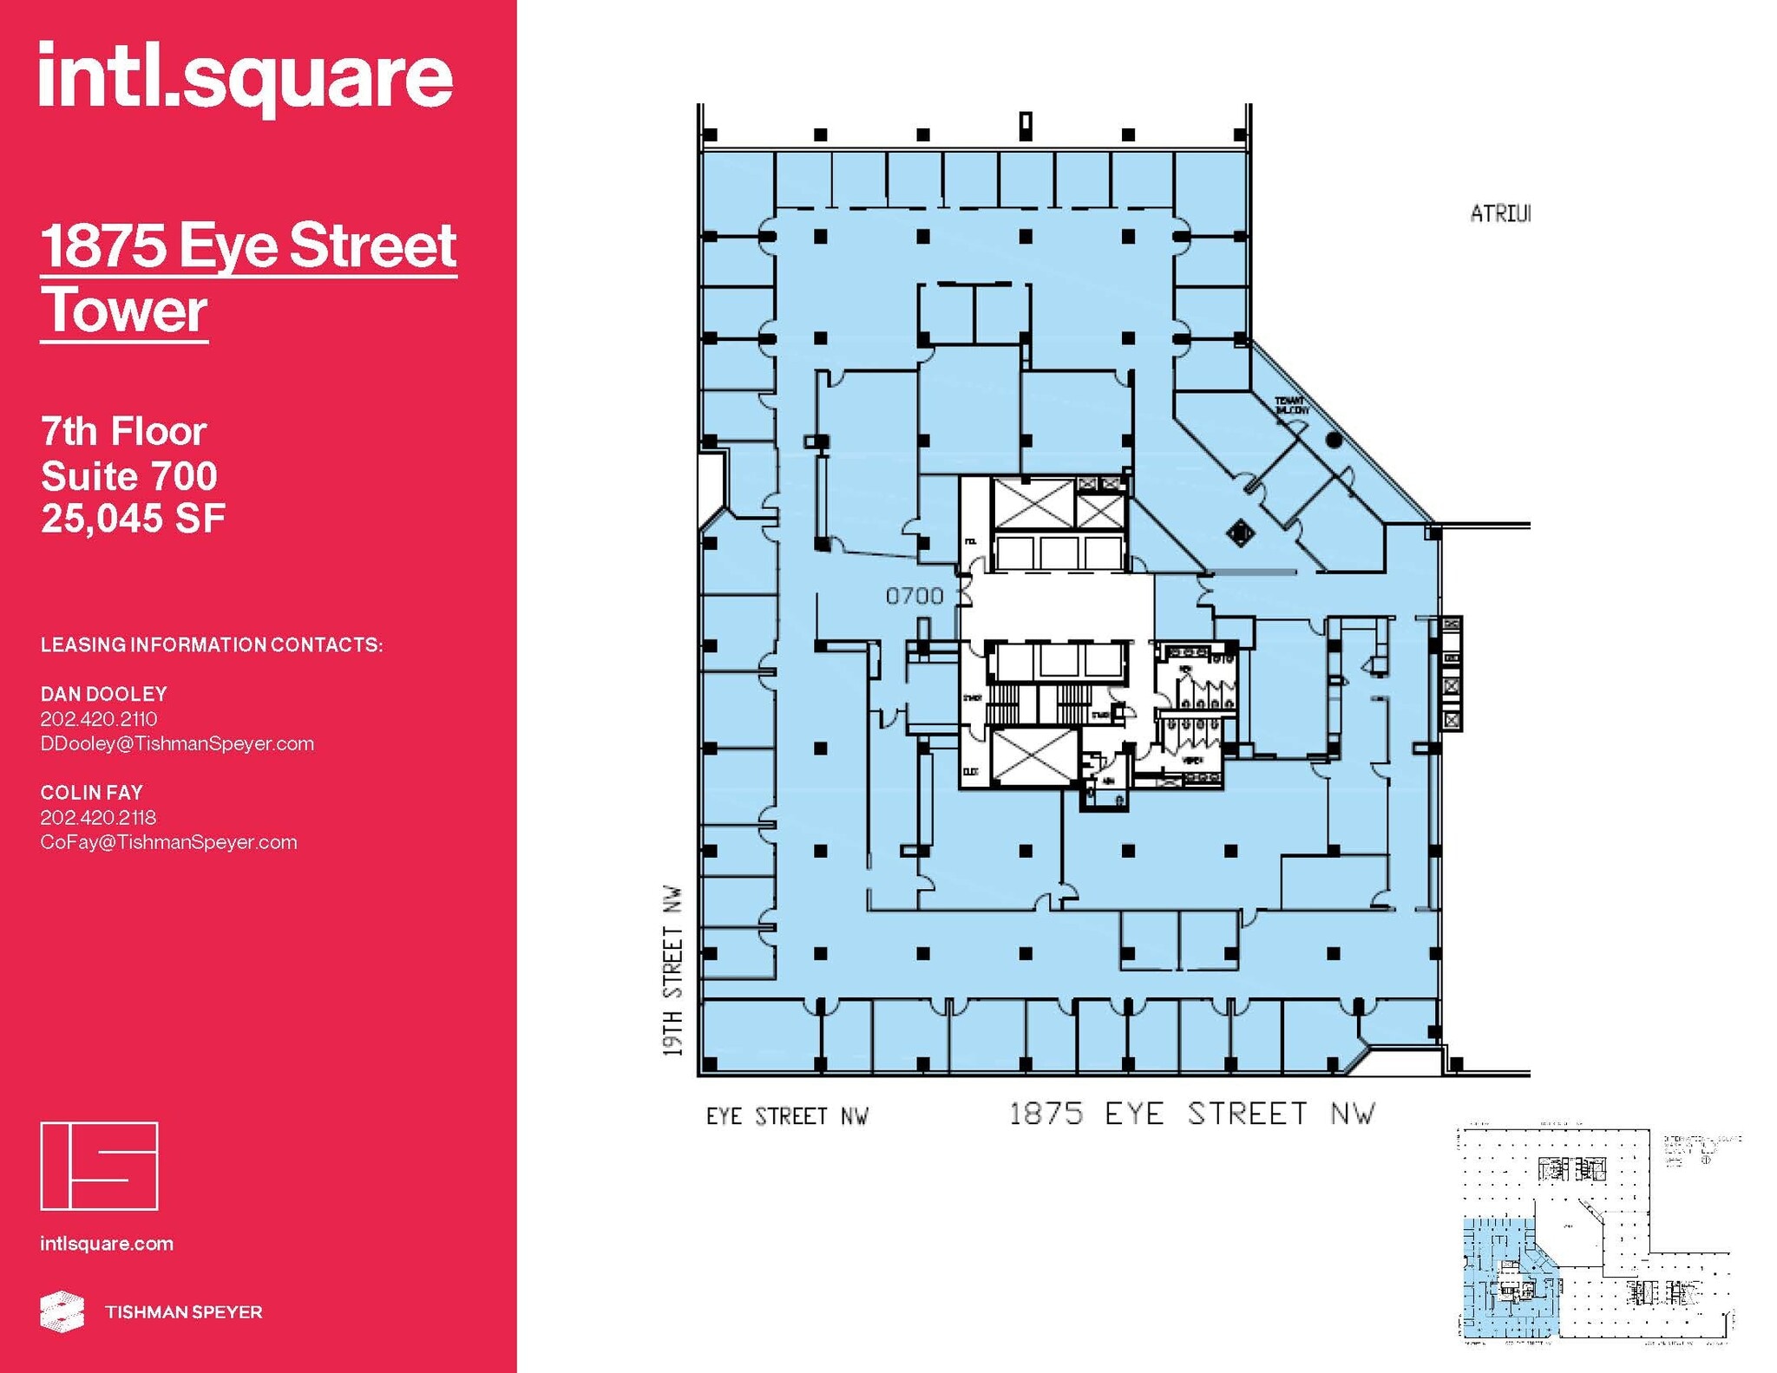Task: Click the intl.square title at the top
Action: click(246, 78)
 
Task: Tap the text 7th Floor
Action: click(123, 431)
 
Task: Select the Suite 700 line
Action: click(129, 475)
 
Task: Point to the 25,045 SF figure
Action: click(133, 519)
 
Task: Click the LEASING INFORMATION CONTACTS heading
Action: click(212, 644)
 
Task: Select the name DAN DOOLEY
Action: click(104, 694)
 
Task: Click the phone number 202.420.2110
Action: click(99, 719)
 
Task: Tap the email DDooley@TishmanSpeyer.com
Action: click(177, 743)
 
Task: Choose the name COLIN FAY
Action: click(92, 792)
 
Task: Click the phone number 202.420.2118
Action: click(98, 817)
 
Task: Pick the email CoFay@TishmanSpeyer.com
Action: click(168, 842)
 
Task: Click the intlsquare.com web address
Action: click(107, 1244)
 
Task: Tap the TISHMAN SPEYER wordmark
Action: click(183, 1312)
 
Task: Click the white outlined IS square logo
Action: click(99, 1166)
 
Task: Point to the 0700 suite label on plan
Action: click(915, 596)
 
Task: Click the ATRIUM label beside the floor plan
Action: click(1500, 213)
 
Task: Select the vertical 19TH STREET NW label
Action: click(673, 971)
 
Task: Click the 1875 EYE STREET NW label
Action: click(1192, 1114)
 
